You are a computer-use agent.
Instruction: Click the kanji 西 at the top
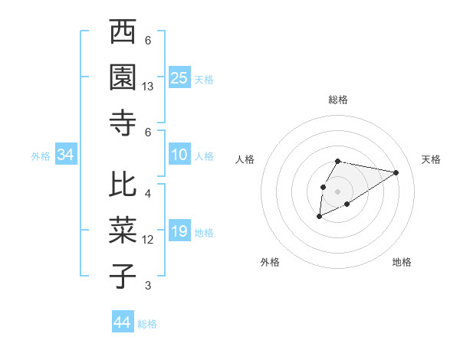point(123,34)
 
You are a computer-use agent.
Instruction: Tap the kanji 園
point(123,77)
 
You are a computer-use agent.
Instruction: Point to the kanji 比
point(123,186)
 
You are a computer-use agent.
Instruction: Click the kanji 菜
point(123,231)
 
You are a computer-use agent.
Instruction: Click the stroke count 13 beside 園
point(148,87)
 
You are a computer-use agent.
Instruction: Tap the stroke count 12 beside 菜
point(148,240)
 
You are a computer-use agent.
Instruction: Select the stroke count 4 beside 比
point(148,194)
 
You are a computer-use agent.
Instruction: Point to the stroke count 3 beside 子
point(148,286)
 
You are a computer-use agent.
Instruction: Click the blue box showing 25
point(179,78)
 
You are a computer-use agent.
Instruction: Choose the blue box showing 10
point(179,155)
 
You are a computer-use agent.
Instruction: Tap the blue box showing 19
point(179,232)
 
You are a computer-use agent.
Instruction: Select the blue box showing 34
point(65,155)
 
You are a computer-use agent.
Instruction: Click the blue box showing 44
point(122,322)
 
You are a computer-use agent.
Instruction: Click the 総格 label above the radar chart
point(338,100)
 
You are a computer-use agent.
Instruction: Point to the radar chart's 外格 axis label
point(270,262)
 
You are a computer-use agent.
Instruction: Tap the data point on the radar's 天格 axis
point(396,172)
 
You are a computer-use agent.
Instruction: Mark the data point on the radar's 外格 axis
point(319,218)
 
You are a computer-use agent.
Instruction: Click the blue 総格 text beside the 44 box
point(147,324)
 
